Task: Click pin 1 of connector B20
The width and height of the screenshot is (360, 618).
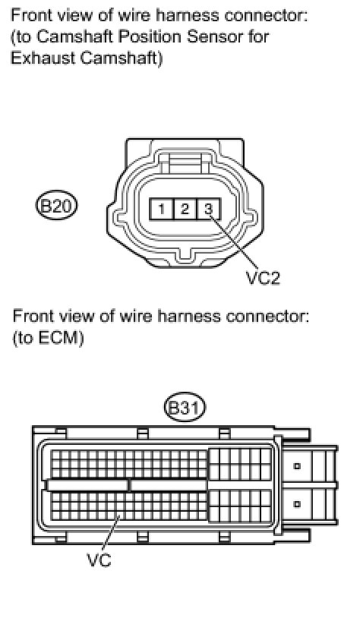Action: pos(161,209)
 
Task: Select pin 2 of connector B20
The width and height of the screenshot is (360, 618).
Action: pos(185,209)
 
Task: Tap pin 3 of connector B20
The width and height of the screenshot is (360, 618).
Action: pos(209,209)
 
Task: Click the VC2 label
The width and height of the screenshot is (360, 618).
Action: pos(263,278)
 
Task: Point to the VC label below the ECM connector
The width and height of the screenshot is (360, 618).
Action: pos(99,560)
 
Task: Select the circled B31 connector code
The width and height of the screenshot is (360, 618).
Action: pos(185,407)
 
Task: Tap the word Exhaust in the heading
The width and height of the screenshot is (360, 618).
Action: pos(43,58)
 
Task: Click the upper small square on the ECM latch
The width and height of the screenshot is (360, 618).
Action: pos(297,466)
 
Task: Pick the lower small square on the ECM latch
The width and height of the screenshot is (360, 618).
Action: pos(297,503)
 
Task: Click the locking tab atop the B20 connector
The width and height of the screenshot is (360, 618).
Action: pos(185,162)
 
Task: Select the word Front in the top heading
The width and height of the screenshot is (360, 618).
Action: pos(33,16)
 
